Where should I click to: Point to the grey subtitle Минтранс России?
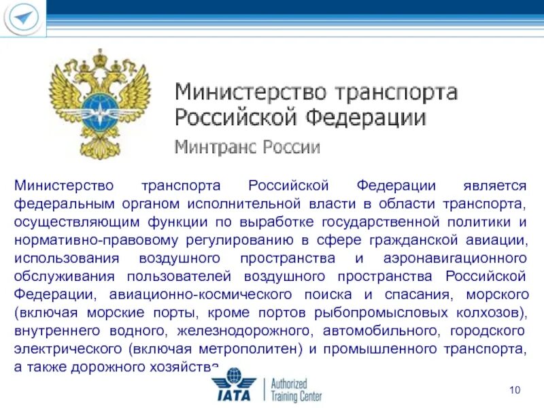tap(248, 146)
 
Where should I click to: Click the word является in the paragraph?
tap(494, 185)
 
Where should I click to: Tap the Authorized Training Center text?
tap(296, 390)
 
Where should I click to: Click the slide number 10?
tap(514, 390)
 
